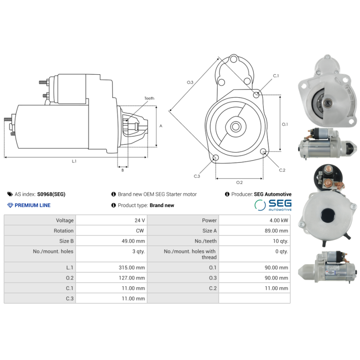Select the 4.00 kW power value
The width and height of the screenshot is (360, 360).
pyautogui.click(x=279, y=220)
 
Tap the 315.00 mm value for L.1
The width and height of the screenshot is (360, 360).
pyautogui.click(x=132, y=267)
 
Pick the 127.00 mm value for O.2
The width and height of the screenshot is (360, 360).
pyautogui.click(x=132, y=278)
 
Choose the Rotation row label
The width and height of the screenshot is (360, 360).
pyautogui.click(x=63, y=231)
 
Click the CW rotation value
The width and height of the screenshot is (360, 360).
pyautogui.click(x=140, y=231)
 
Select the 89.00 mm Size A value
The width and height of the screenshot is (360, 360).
pyautogui.click(x=276, y=231)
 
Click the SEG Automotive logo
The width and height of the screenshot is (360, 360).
pyautogui.click(x=273, y=205)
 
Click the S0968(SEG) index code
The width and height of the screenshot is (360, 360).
pyautogui.click(x=51, y=194)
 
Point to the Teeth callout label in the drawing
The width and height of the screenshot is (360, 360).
pyautogui.click(x=149, y=98)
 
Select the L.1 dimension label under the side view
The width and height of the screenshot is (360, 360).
pyautogui.click(x=74, y=161)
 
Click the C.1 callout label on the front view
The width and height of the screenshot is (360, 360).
pyautogui.click(x=276, y=76)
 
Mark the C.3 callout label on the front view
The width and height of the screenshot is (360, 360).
pyautogui.click(x=197, y=176)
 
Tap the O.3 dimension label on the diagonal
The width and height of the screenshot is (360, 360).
pyautogui.click(x=190, y=82)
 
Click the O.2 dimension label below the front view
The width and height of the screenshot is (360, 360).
pyautogui.click(x=239, y=182)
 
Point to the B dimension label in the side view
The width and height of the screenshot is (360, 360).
pyautogui.click(x=122, y=170)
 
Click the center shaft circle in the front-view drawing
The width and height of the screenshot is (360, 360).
pyautogui.click(x=235, y=126)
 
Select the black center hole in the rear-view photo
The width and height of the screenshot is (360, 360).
pyautogui.click(x=328, y=216)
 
